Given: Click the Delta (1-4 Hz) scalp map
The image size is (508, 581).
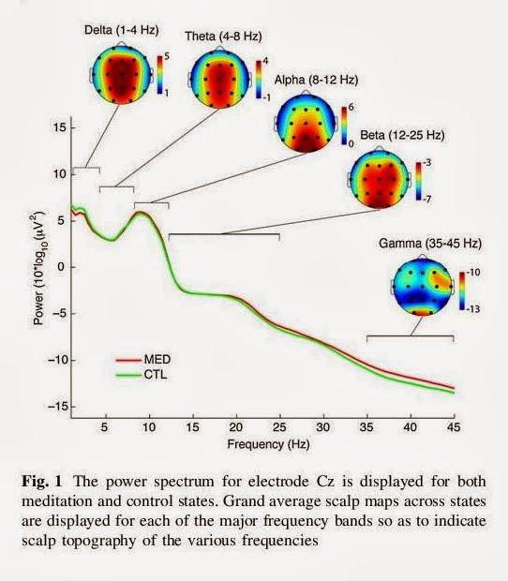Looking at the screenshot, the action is (x=122, y=75).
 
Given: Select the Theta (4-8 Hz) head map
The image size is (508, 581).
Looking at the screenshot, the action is (x=220, y=78).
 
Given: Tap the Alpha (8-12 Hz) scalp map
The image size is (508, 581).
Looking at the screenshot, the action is (x=306, y=122).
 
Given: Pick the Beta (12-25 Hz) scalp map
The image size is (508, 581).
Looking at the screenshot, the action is (x=380, y=179).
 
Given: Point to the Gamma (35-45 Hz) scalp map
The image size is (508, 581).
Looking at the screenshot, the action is (x=423, y=286).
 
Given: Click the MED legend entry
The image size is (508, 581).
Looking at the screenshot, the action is (x=143, y=360).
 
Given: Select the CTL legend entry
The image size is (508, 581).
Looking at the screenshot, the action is (x=142, y=375).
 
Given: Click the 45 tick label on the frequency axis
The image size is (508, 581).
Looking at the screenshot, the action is (x=454, y=427).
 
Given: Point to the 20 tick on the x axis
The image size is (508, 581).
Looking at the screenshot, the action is (x=236, y=427).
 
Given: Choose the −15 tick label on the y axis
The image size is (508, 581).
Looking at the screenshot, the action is (x=56, y=407).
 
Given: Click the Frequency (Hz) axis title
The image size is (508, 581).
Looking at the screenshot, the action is (x=268, y=444).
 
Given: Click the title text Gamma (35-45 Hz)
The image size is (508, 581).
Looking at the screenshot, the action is (x=430, y=244).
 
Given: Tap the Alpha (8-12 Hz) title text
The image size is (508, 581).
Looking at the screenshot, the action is (x=317, y=80).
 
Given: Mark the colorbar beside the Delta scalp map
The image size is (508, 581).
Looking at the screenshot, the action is (x=159, y=74).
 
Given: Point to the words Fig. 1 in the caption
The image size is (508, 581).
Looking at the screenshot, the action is (x=42, y=482).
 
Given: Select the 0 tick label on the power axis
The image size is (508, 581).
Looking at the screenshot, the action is (x=61, y=267).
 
